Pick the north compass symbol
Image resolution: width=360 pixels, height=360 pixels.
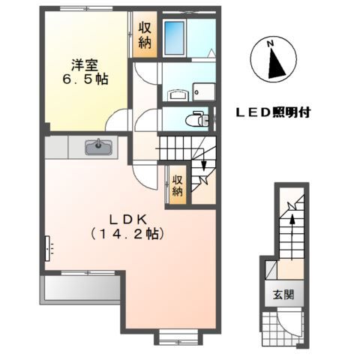click(x=275, y=60)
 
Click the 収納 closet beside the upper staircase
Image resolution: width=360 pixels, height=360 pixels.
click(x=177, y=184)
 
